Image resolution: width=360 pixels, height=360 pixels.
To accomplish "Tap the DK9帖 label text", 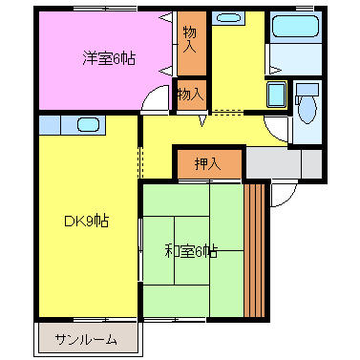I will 85,222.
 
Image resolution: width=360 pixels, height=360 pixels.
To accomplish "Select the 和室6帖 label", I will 190,251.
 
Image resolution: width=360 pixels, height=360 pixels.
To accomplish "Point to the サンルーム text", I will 86,339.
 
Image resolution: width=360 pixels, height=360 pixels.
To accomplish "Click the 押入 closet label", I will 208,164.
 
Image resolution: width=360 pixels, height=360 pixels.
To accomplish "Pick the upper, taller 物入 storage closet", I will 190,41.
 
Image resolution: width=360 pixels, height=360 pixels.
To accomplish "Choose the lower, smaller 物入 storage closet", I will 190,94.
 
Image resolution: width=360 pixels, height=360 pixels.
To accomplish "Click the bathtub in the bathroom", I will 295,29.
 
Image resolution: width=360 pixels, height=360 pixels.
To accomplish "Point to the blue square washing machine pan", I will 276,95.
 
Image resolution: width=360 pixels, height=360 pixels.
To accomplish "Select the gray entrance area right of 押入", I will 284,163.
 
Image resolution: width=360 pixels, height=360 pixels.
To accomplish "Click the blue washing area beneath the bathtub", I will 295,60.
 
